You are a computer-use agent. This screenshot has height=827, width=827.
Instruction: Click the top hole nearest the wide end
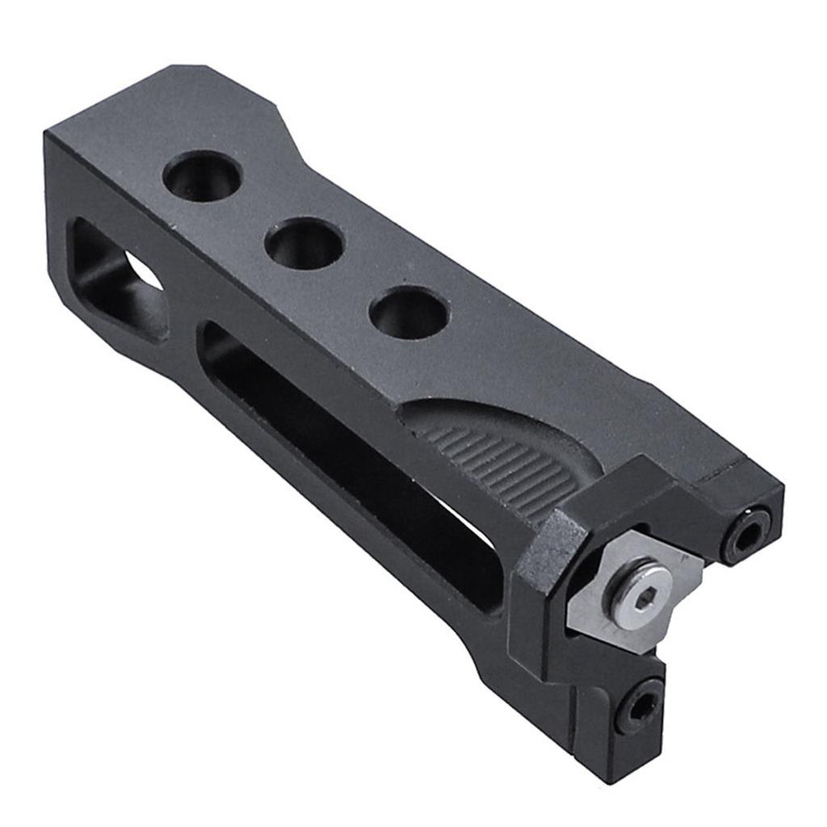pyautogui.click(x=202, y=175)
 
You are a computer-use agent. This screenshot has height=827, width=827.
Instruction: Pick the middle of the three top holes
pyautogui.click(x=305, y=243)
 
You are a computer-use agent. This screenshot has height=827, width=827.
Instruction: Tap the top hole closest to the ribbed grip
pyautogui.click(x=408, y=313)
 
